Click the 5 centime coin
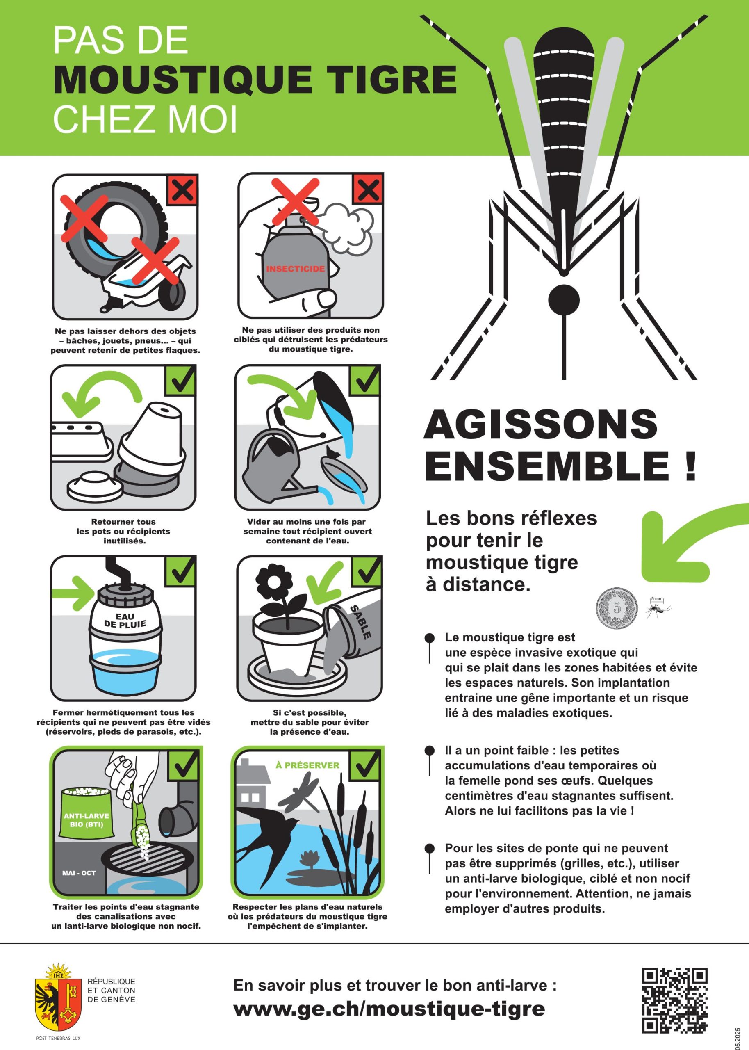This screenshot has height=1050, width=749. click(x=617, y=608)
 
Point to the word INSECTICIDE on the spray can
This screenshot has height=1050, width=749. click(x=295, y=269)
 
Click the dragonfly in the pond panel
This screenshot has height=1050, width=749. click(x=301, y=792)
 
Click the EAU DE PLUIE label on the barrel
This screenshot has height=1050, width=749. click(x=125, y=621)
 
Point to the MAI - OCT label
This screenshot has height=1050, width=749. click(x=79, y=873)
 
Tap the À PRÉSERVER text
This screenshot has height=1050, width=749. click(x=307, y=765)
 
